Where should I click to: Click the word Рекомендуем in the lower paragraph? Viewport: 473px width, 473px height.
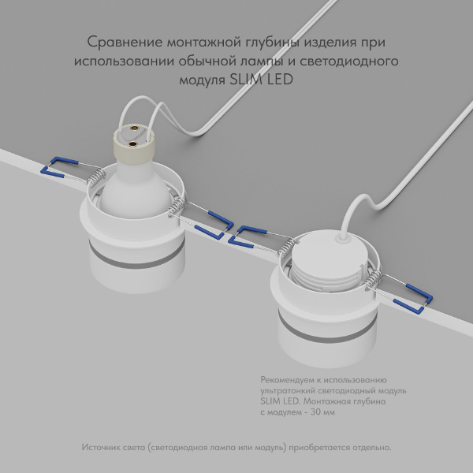coord(289,380)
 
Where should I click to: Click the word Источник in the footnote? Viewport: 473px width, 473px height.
coord(102,448)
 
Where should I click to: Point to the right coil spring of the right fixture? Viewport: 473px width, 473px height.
coord(374,277)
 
